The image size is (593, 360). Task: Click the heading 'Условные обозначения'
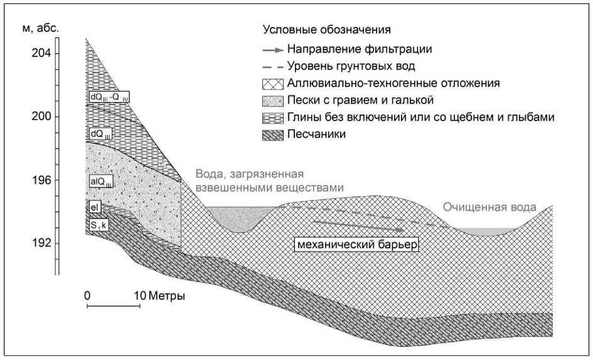[326, 29]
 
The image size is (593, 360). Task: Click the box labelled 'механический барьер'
[357, 244]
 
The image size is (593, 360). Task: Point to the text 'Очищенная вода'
[489, 207]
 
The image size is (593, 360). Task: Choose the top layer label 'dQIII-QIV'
[109, 97]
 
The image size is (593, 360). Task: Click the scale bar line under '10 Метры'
[113, 307]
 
